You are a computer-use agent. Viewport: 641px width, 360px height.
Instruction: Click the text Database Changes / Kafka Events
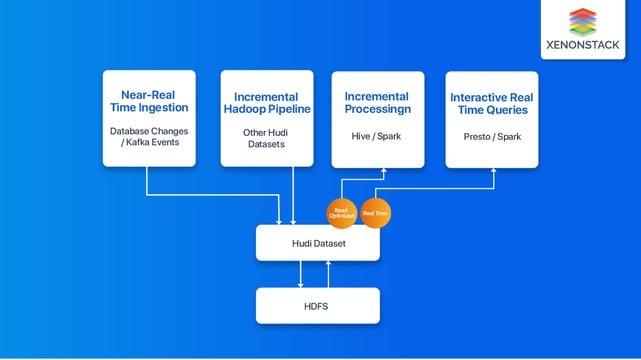tap(148, 138)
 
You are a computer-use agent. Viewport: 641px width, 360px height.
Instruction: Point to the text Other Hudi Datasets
tap(265, 138)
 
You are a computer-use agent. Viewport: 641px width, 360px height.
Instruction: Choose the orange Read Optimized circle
tap(341, 211)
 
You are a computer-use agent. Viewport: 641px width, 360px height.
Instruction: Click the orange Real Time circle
tap(375, 211)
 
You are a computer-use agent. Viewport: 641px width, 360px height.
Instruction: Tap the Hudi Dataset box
tap(318, 243)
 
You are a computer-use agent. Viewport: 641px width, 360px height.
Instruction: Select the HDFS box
tap(318, 305)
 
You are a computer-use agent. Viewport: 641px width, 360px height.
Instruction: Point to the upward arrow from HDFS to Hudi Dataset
tap(329, 274)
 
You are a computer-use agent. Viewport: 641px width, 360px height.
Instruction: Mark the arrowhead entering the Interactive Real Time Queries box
tap(492, 171)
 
